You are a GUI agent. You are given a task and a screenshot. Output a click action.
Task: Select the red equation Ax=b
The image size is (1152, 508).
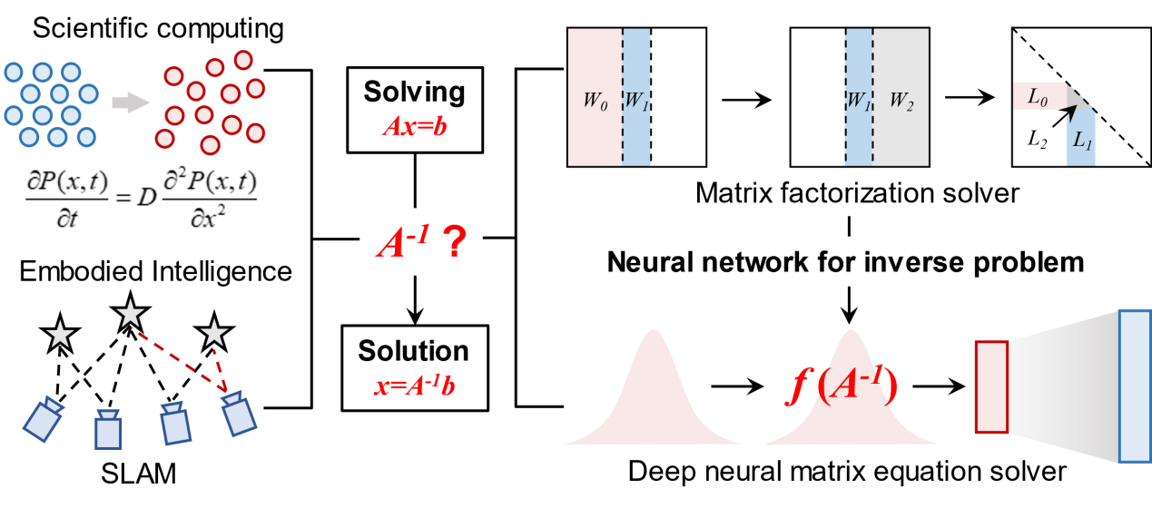pos(414,126)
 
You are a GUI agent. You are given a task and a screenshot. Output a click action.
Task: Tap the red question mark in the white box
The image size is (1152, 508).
pos(452,243)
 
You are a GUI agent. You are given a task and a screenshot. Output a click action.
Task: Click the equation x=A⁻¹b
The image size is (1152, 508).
pos(414,386)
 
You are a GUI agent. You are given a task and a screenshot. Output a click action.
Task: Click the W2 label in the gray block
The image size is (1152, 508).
pos(901,100)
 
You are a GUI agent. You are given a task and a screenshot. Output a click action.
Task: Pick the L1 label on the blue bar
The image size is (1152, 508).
pos(1081,142)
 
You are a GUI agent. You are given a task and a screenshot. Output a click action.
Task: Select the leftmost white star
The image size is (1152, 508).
pos(60,335)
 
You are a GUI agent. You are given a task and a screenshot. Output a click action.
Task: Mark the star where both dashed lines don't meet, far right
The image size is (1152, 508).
pos(214,332)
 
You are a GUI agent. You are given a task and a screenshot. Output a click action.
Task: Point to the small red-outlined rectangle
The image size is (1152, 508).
pos(991,386)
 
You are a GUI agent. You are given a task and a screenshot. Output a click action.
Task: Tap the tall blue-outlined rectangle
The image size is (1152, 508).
pos(1134,386)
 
